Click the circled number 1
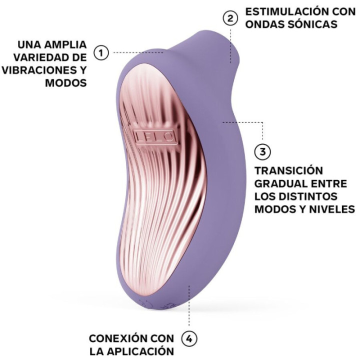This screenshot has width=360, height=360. tap(102, 52)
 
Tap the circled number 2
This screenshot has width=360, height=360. tap(229, 18)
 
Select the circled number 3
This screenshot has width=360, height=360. tap(262, 151)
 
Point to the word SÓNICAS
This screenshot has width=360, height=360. tap(316, 24)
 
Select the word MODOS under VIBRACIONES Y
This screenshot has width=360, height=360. tap(66, 82)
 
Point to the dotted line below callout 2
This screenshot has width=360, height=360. tap(230, 45)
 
